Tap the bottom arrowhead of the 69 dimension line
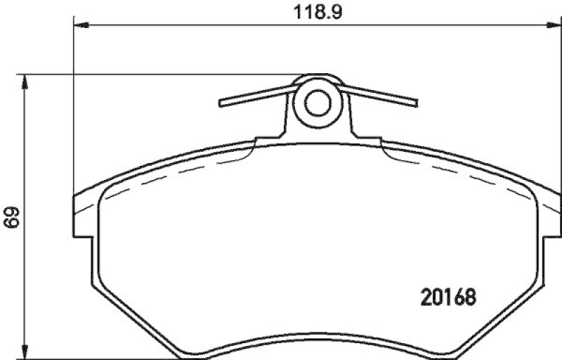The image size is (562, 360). click(26, 352)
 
